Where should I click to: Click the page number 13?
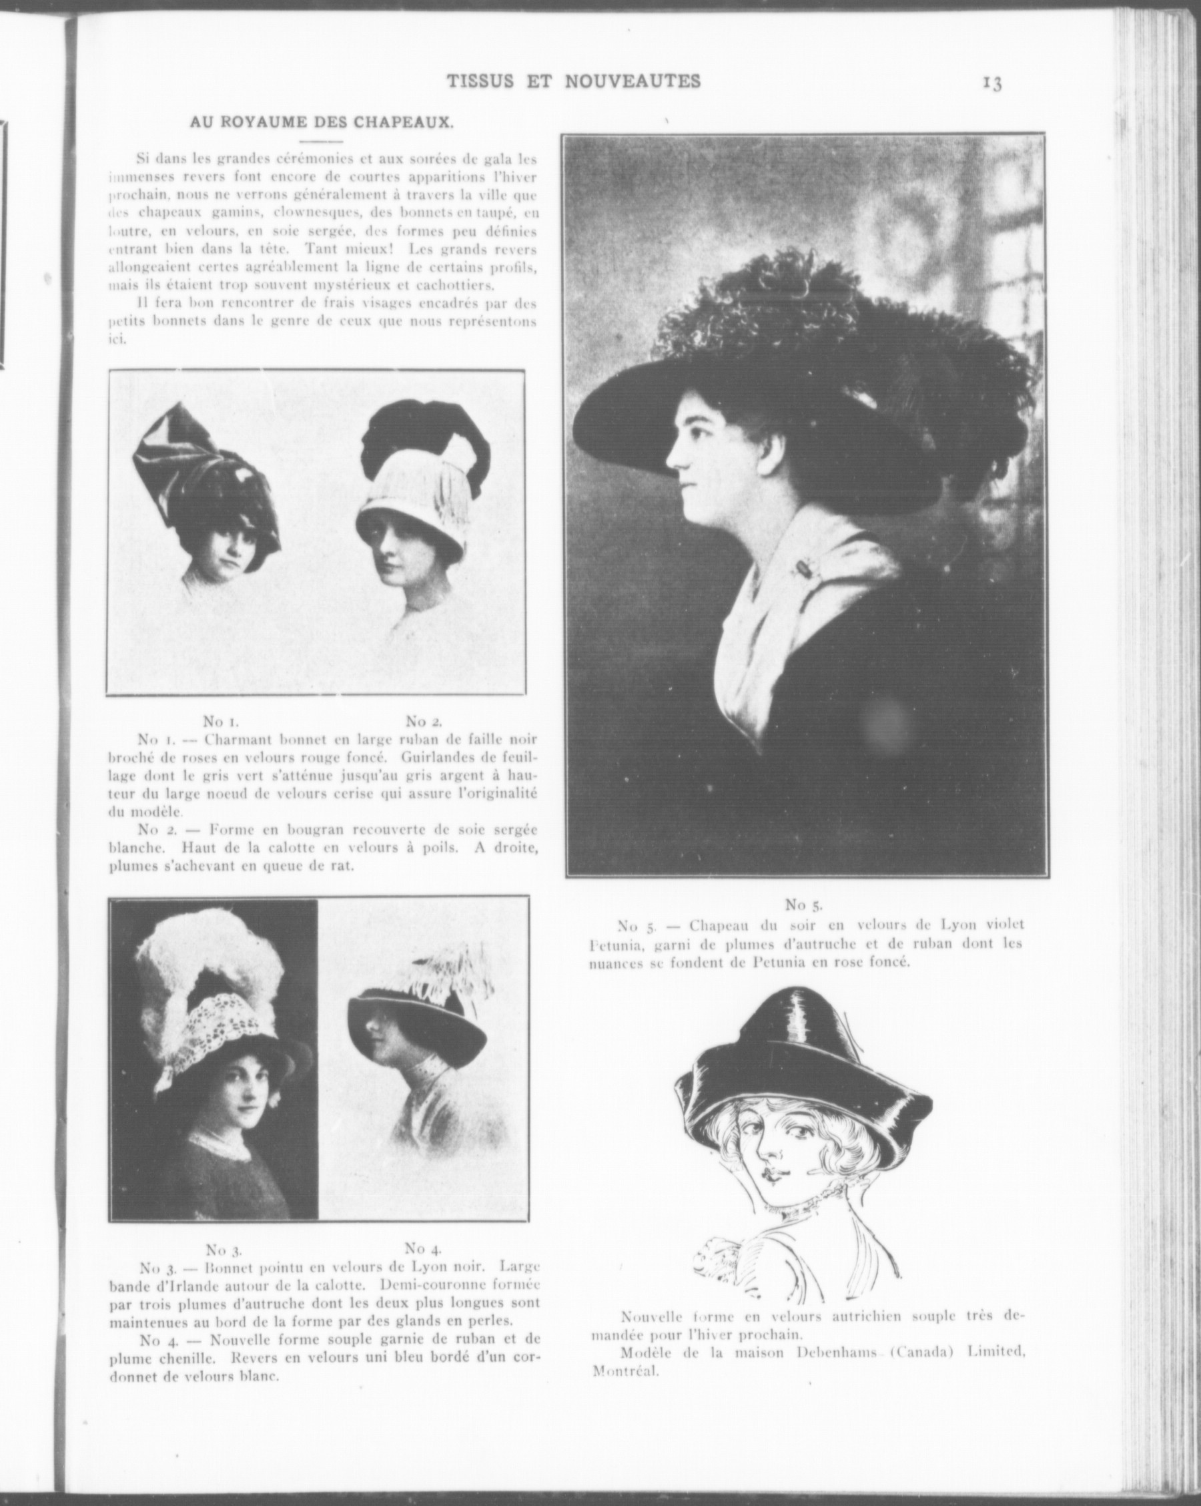point(992,83)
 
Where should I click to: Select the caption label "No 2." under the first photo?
point(423,721)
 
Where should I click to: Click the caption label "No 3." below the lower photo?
point(224,1250)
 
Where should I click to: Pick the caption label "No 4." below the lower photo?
point(422,1248)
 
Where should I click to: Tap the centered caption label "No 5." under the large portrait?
point(805,905)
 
